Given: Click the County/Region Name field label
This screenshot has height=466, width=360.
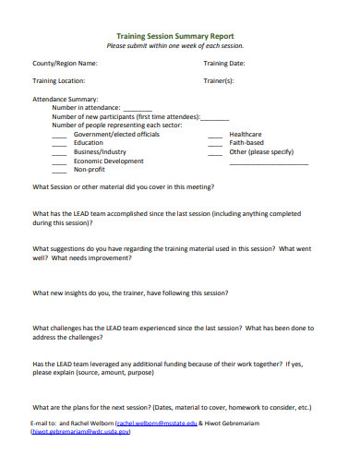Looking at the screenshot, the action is (x=66, y=64).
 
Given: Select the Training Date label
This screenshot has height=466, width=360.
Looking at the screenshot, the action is (x=224, y=64).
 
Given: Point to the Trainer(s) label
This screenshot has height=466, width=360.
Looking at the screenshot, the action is (x=219, y=81).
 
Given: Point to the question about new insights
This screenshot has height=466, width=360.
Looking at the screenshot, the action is (x=130, y=293).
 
